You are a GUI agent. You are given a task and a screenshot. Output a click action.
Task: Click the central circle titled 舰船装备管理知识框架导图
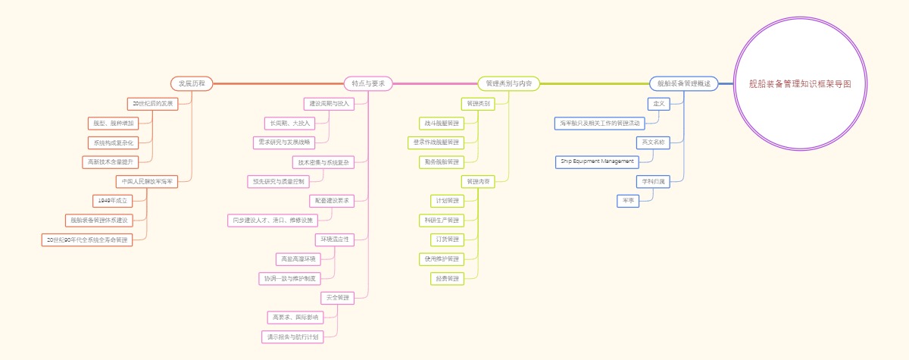click(800, 83)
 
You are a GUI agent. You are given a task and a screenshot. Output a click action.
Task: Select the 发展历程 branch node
click(192, 83)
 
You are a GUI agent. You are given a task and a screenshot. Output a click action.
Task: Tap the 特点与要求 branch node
click(368, 83)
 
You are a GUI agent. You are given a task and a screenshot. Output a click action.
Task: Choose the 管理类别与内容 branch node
click(508, 83)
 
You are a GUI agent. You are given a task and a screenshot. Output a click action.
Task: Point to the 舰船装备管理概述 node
click(683, 83)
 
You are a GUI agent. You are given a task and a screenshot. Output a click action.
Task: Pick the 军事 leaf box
click(628, 201)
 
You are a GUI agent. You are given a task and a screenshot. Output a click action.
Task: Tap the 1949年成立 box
click(112, 201)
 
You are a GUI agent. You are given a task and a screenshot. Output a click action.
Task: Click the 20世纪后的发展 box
click(152, 103)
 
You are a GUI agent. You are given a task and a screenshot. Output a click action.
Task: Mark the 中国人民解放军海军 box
click(147, 181)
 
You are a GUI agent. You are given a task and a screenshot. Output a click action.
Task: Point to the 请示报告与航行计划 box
click(292, 337)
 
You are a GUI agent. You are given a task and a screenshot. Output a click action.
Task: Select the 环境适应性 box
click(334, 239)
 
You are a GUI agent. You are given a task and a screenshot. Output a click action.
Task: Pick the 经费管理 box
click(448, 279)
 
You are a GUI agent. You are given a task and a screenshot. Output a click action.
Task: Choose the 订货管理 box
click(448, 239)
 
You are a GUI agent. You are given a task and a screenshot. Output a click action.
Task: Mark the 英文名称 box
click(653, 142)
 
